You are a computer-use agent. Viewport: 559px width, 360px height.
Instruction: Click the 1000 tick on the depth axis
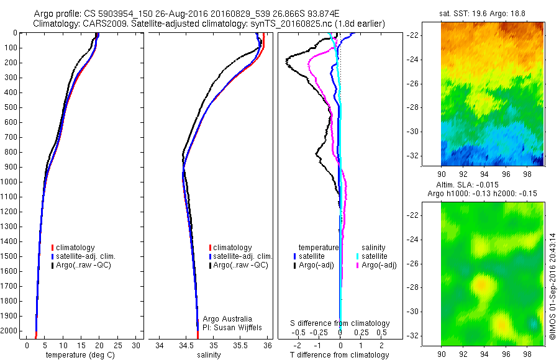coord(11,182)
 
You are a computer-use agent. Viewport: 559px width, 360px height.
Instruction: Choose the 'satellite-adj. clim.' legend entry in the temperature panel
coord(86,256)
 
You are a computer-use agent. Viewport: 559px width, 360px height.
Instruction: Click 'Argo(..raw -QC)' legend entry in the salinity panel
coord(240,265)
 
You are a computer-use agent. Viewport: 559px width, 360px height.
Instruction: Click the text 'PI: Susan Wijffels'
coord(233,326)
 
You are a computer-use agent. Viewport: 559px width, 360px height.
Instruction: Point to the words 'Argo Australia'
coord(228,318)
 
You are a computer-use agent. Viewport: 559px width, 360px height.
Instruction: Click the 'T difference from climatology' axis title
coord(340,355)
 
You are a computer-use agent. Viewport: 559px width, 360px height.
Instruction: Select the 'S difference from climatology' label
coord(340,323)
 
